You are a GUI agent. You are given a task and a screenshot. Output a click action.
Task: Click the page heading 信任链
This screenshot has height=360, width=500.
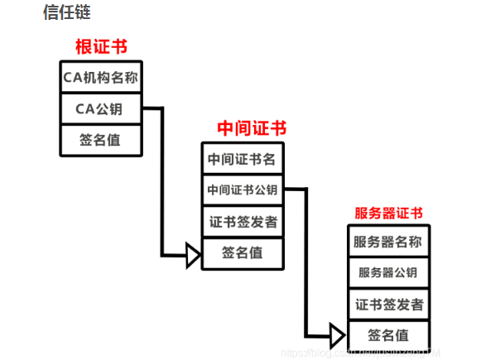[x=66, y=12]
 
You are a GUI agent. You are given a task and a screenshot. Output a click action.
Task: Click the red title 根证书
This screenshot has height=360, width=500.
[x=101, y=46]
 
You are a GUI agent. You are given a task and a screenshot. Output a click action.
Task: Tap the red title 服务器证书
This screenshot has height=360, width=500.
[x=388, y=214]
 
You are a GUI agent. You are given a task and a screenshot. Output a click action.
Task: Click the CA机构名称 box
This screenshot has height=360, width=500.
[x=100, y=79]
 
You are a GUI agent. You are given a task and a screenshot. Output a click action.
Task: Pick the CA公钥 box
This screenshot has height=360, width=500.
[x=100, y=109]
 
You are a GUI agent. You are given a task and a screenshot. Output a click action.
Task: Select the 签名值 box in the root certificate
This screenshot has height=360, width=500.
[x=100, y=140]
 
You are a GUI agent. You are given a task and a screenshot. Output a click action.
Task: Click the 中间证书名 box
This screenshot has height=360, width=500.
[x=242, y=159]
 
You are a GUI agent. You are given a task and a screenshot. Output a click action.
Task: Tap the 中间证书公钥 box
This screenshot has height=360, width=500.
[x=242, y=190]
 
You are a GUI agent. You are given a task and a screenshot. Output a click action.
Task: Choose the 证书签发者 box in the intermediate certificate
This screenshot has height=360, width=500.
[x=243, y=222]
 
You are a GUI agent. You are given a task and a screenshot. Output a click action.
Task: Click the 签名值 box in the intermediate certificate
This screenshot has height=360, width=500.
[x=243, y=253]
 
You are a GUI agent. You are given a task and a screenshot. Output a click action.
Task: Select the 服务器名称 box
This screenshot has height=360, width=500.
[x=388, y=242]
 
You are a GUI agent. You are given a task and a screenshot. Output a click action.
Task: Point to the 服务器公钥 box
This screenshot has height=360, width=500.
[x=388, y=272]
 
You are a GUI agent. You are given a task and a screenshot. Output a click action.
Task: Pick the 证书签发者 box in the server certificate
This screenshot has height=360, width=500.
[x=388, y=304]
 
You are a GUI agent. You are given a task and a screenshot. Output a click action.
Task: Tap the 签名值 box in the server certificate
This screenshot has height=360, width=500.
[x=388, y=335]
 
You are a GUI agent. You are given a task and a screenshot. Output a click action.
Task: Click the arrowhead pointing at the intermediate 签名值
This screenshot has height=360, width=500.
[x=193, y=255]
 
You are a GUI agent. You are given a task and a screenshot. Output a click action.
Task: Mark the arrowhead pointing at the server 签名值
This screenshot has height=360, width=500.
[x=337, y=336]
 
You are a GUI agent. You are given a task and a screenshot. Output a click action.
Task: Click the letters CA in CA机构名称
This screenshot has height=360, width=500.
[x=72, y=79]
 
